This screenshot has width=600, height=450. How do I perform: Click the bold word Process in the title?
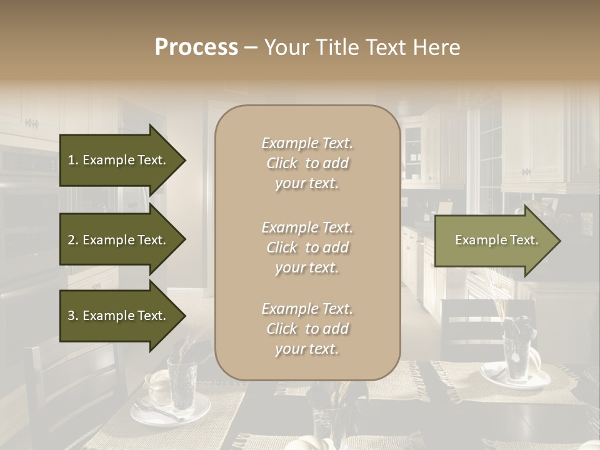(x=196, y=47)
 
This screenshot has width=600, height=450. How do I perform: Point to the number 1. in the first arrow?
(x=73, y=160)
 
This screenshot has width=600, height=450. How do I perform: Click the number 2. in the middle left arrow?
(x=73, y=240)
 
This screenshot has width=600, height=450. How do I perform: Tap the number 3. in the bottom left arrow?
(x=73, y=316)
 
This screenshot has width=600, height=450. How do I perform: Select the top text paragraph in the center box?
(x=307, y=163)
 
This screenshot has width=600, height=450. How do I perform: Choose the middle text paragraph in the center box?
(x=307, y=247)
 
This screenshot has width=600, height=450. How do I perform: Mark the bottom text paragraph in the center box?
(x=307, y=329)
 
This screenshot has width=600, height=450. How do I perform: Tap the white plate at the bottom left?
(x=156, y=412)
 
